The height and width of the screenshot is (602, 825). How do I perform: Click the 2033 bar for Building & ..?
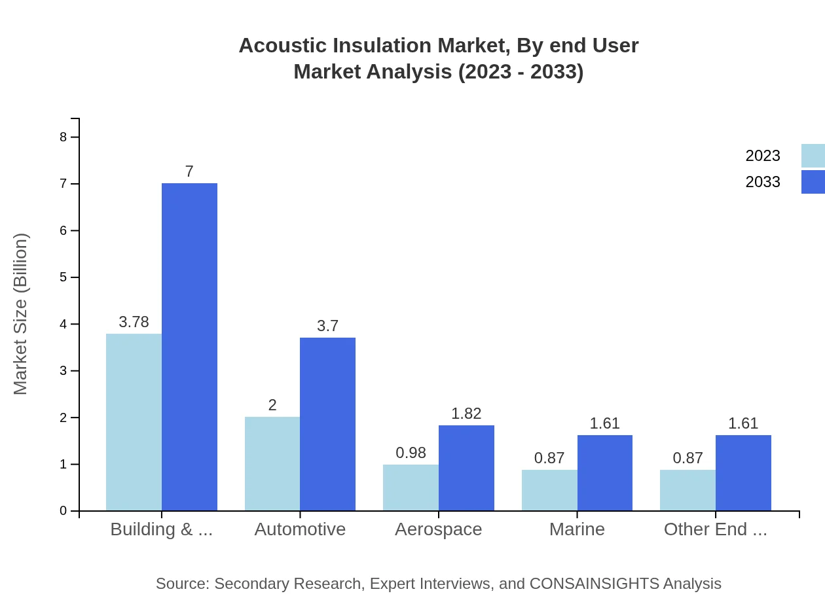coord(189,347)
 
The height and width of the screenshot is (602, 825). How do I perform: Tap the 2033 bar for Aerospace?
coord(466,468)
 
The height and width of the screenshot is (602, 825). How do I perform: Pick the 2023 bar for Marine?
coord(549,490)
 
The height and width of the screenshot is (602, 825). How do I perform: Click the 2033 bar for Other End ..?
coord(743,472)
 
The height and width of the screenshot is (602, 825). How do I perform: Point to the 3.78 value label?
coord(134,322)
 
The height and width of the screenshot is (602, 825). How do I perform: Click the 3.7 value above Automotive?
coord(327,326)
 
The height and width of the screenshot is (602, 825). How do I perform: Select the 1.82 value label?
coord(466,414)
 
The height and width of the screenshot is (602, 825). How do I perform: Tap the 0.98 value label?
coord(411,453)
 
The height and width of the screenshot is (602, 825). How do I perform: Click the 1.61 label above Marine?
coord(604,423)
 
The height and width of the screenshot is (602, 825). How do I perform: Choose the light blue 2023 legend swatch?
coord(813,156)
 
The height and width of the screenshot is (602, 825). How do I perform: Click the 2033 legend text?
coord(763,182)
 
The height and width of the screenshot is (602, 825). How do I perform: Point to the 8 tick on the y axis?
coord(64,137)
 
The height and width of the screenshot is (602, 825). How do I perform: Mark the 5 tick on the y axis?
coord(64,277)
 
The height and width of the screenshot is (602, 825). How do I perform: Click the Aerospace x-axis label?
coord(438,529)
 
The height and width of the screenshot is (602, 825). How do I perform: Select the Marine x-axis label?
coord(577,529)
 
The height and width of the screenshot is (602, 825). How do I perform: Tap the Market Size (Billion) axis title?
coord(21,314)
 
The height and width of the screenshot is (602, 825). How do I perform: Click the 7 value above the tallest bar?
coord(189,171)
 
